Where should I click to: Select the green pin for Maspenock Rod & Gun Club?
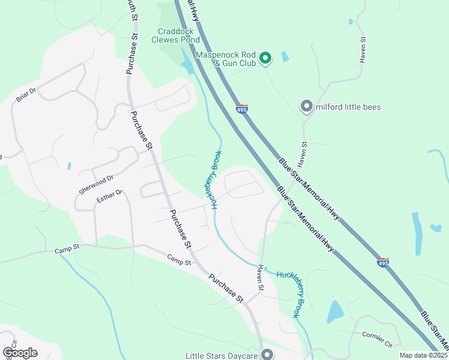[x=265, y=58]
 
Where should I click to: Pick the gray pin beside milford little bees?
[x=306, y=107]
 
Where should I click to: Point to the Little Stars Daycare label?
[x=221, y=355]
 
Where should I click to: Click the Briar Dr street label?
[x=26, y=95]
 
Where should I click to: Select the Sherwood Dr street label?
[x=96, y=184]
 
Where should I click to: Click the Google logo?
[x=20, y=353]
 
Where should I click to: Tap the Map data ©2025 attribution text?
[x=423, y=355]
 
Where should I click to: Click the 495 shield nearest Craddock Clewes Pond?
[x=241, y=108]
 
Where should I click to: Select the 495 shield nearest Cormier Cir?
[x=382, y=262]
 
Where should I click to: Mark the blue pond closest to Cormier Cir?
[x=335, y=312]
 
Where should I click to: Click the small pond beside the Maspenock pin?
[x=285, y=58]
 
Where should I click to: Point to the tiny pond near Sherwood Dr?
[x=70, y=166]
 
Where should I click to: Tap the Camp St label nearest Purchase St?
[x=179, y=261]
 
